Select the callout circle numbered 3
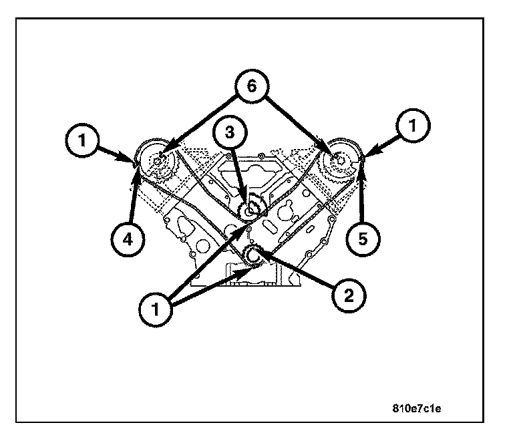point(228,132)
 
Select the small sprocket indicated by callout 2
point(253,255)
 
